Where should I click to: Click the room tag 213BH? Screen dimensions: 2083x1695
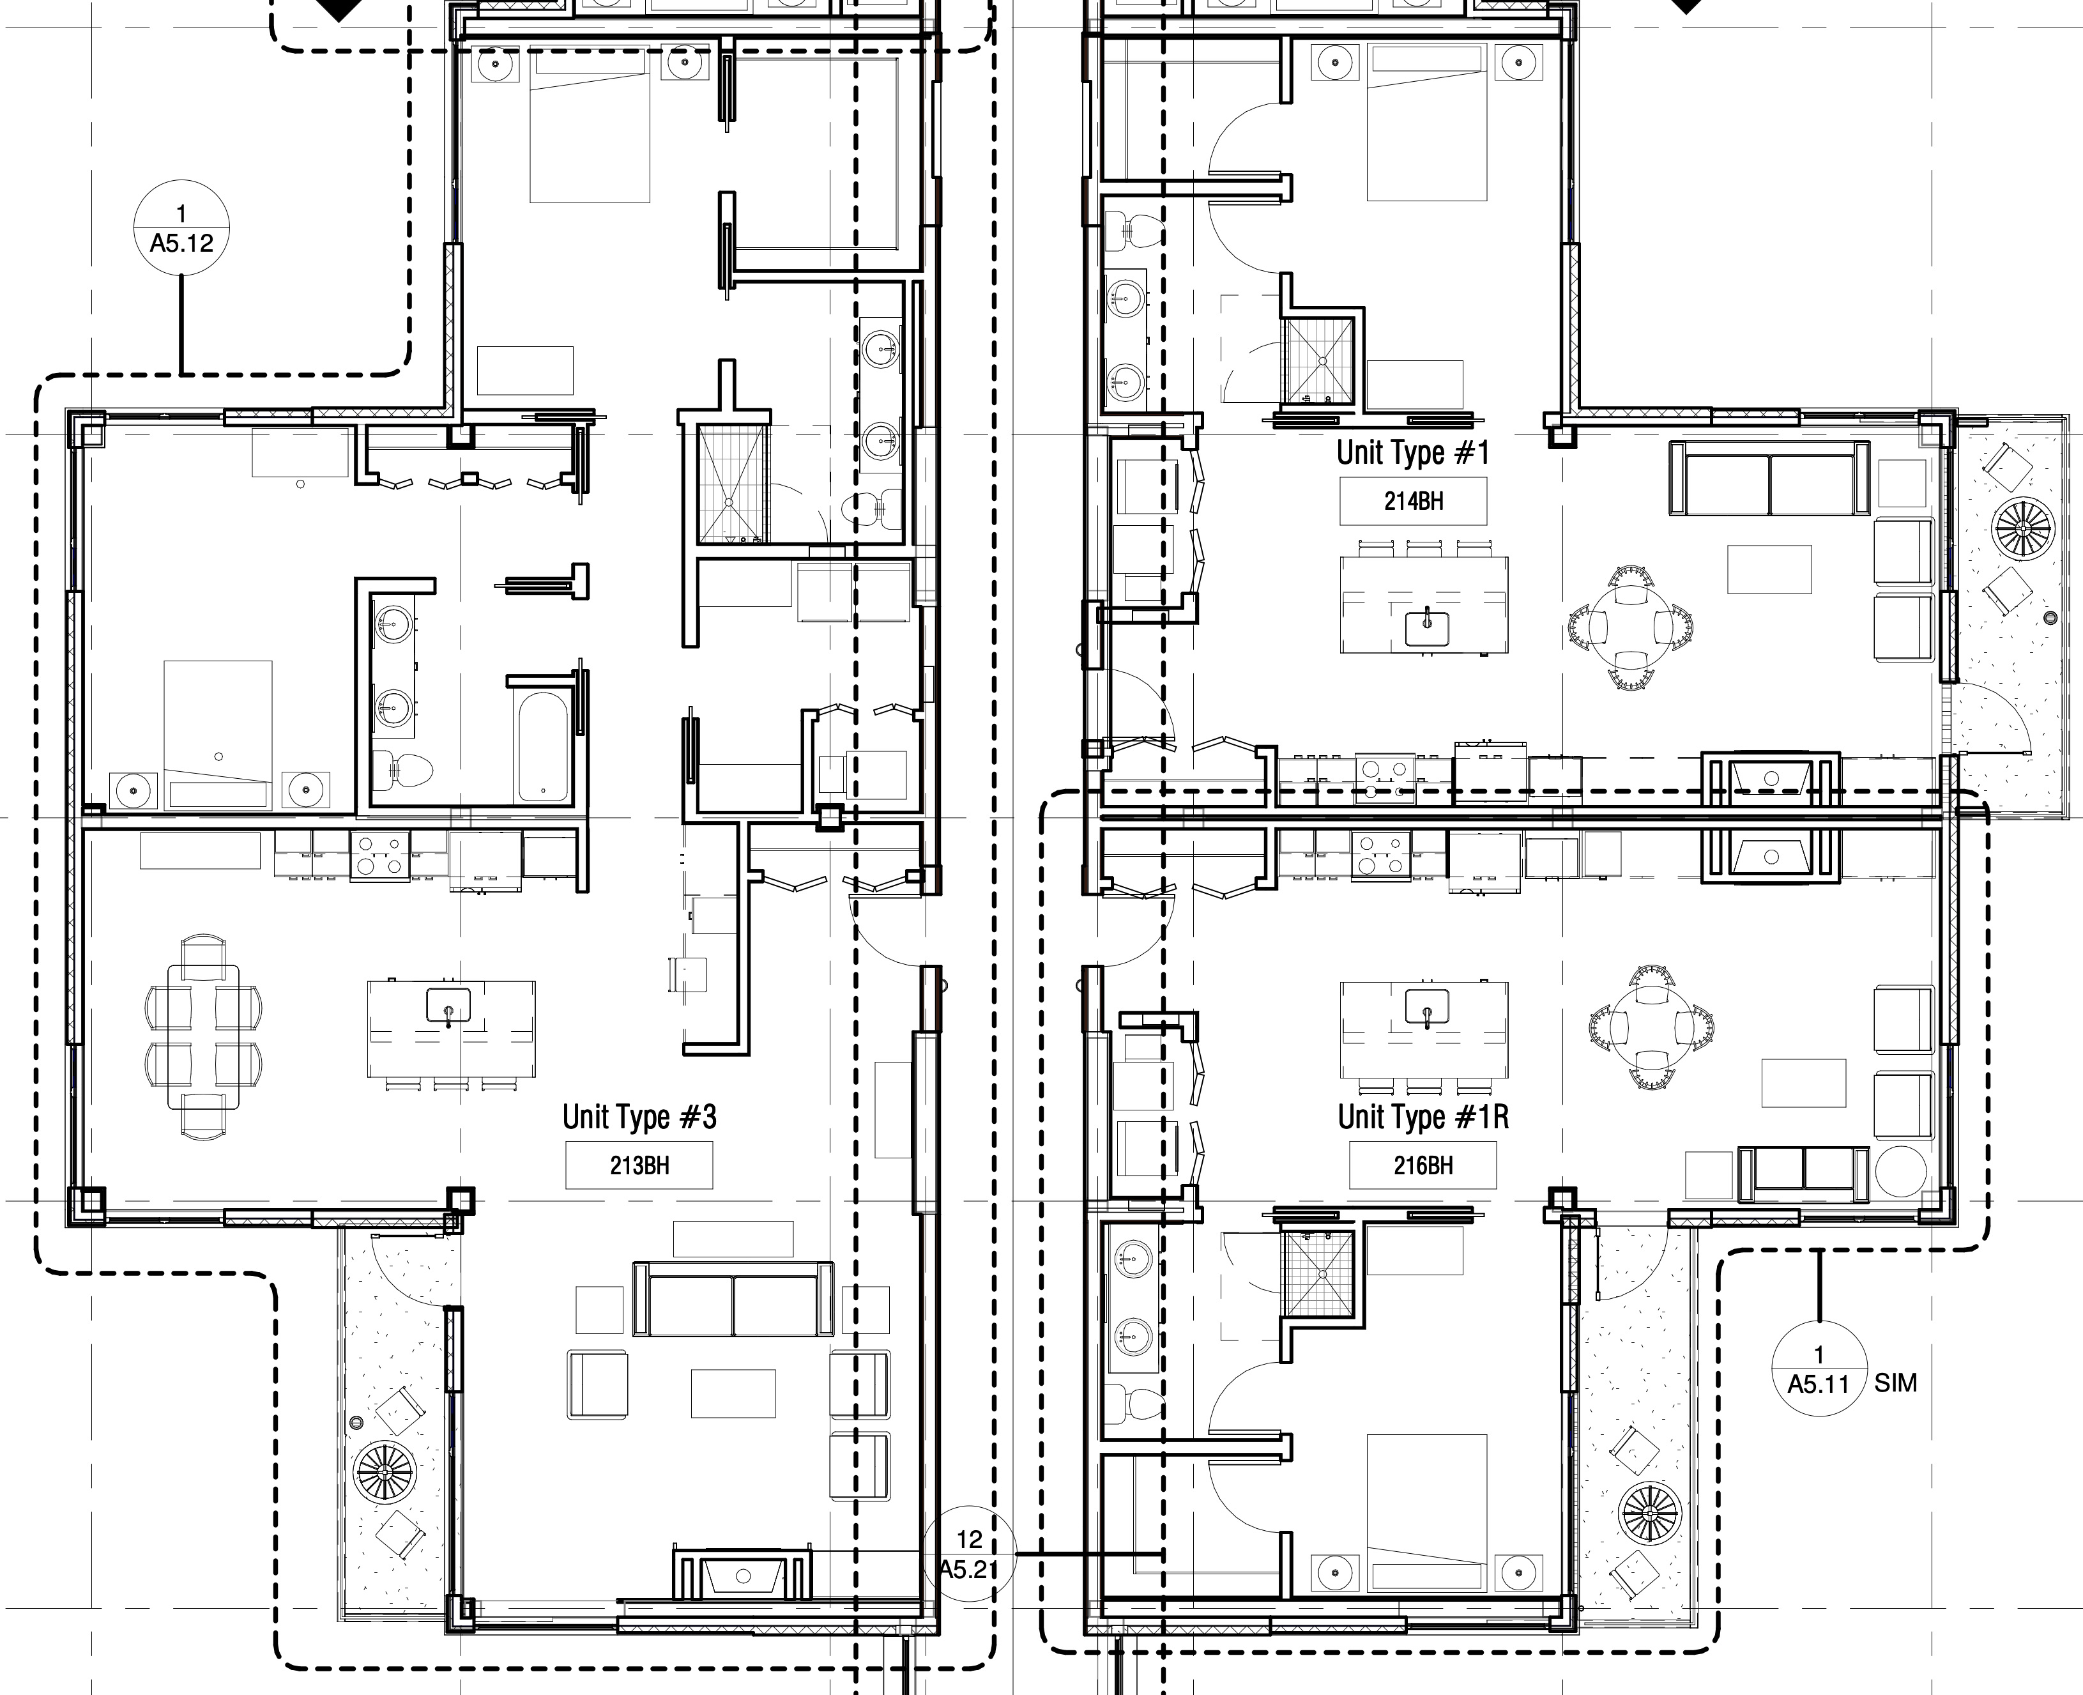639,1165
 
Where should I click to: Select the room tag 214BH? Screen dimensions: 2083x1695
1414,501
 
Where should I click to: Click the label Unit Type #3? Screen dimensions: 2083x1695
639,1117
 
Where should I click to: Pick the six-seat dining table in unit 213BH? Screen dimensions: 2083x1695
204,1036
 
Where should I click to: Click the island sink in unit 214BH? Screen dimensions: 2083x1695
1426,628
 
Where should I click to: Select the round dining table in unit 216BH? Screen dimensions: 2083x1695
1650,1026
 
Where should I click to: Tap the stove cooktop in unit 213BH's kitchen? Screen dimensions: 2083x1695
379,856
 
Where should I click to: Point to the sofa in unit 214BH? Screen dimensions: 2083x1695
1769,477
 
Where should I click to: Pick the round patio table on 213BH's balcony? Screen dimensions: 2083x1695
385,1471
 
